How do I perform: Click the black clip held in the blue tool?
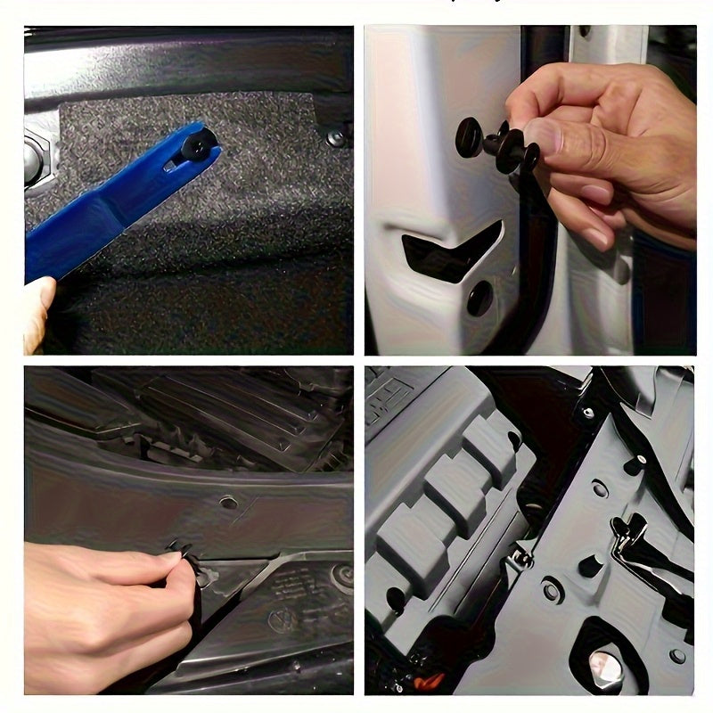198,143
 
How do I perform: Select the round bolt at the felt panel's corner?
336,137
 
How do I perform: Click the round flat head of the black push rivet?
468,136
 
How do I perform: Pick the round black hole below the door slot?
479,299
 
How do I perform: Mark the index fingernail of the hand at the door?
599,239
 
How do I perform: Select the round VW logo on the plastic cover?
284,619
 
